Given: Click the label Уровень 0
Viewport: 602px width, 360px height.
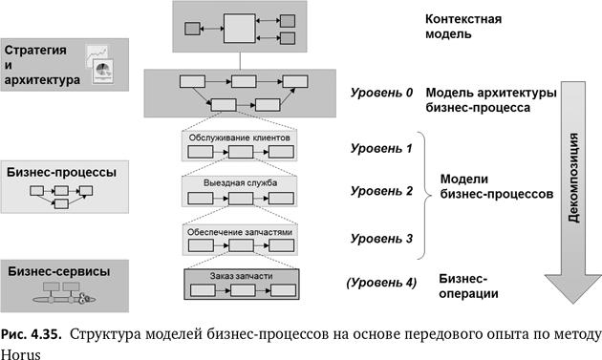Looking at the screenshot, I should click(381, 94).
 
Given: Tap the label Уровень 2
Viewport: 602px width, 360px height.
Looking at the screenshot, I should click(381, 191).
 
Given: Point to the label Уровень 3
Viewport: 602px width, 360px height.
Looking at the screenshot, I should click(381, 237).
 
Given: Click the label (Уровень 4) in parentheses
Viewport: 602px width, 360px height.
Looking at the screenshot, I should click(381, 282).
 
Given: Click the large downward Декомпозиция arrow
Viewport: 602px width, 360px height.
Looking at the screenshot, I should click(574, 181).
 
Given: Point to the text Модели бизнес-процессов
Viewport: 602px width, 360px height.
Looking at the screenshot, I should click(496, 185).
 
